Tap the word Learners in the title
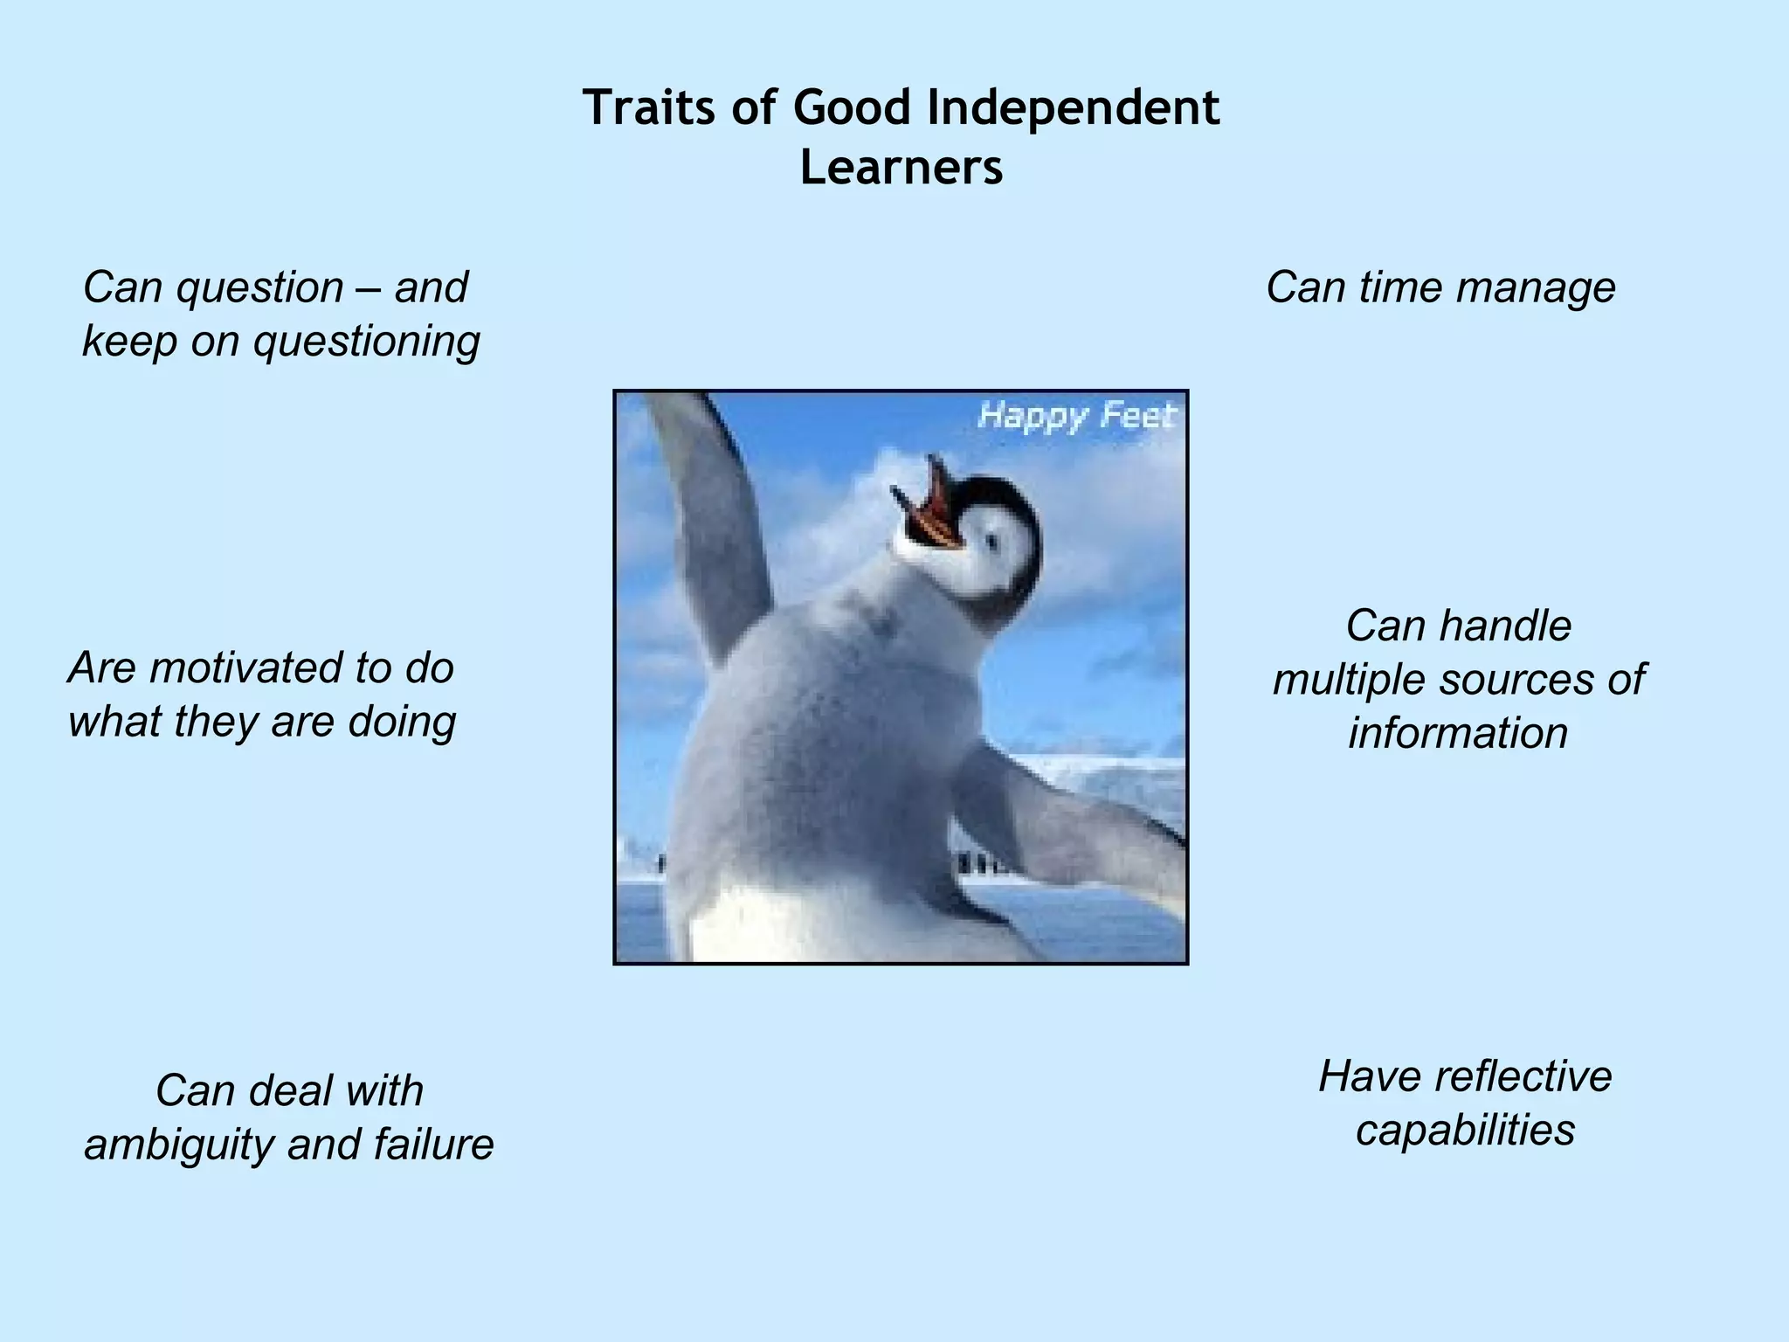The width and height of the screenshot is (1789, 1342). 901,168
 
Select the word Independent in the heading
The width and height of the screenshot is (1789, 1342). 1073,108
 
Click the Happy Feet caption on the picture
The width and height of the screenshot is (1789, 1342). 1076,415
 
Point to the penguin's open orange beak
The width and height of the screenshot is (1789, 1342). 930,511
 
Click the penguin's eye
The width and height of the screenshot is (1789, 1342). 991,543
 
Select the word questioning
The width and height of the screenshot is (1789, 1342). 367,341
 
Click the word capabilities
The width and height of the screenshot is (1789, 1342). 1465,1130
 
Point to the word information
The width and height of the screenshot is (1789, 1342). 1458,733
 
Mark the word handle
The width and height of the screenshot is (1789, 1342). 1503,626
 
